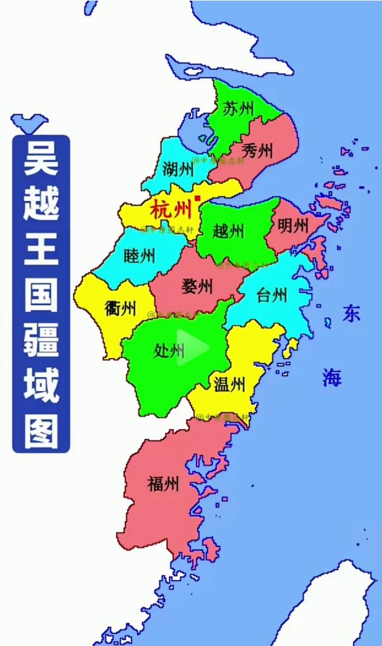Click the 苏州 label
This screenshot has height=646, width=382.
(238, 109)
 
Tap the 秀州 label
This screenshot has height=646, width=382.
(257, 150)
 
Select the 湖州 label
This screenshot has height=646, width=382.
(178, 169)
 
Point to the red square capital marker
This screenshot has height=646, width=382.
(197, 198)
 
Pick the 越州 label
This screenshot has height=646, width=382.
(229, 230)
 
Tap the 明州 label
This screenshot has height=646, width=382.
(293, 226)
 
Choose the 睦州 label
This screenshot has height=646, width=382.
(139, 255)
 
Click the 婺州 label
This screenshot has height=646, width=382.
(197, 285)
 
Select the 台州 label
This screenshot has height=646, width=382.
(271, 295)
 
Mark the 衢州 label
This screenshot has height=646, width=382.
(120, 309)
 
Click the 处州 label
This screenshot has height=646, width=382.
(169, 351)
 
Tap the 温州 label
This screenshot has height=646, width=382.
(229, 383)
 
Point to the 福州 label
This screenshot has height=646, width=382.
(163, 483)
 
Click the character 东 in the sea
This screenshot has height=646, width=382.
(351, 313)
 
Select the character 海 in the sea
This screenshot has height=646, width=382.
(332, 377)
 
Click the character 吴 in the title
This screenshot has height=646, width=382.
(41, 159)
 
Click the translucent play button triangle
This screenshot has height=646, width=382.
(193, 348)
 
